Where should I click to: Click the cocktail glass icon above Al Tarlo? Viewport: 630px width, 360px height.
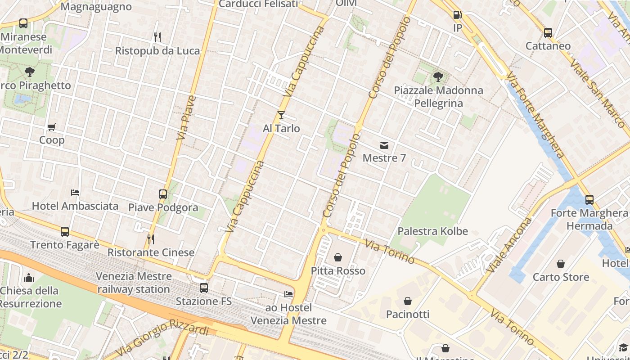[281, 115]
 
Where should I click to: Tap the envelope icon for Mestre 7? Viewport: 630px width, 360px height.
[384, 145]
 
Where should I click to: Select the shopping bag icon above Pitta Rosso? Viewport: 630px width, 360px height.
[338, 257]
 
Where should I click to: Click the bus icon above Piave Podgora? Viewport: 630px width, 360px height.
[163, 194]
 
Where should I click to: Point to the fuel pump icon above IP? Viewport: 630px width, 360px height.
[457, 15]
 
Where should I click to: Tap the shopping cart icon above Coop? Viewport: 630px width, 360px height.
[52, 127]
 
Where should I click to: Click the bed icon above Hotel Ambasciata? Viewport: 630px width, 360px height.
[75, 193]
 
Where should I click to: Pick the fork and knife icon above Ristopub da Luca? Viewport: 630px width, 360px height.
[157, 37]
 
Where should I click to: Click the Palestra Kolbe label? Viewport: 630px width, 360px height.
[432, 231]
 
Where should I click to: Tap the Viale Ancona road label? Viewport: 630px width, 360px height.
[509, 245]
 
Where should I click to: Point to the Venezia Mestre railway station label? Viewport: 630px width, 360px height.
[134, 283]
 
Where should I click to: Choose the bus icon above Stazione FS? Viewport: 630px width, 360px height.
[204, 288]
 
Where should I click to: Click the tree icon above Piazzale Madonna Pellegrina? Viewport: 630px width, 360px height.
[438, 77]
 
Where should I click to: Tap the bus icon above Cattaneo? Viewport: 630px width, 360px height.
[548, 32]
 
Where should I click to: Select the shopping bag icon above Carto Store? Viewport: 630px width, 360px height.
[561, 264]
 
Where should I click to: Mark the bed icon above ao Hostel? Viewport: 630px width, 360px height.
[288, 294]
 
